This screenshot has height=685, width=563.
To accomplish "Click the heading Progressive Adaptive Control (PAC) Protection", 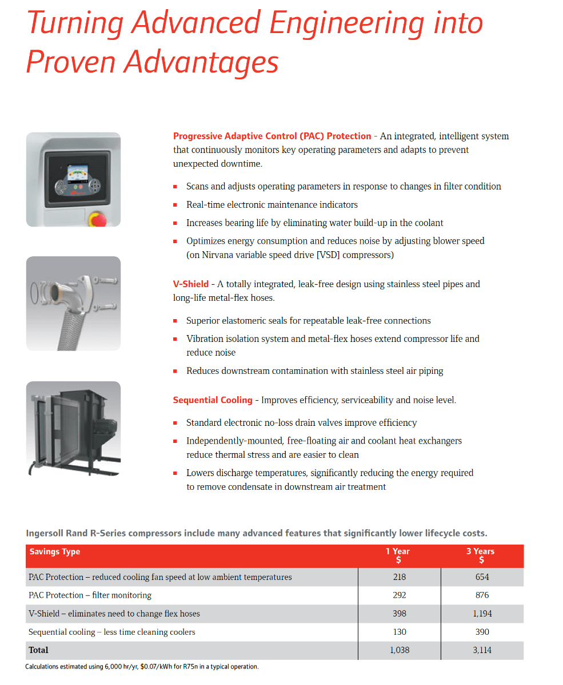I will coord(272,136).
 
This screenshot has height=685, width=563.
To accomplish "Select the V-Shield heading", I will coord(191,284).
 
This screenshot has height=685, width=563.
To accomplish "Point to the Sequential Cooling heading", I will coord(213,400).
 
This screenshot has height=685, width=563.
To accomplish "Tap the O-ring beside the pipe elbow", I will coord(35,292).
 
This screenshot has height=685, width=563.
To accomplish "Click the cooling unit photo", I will coord(73,428).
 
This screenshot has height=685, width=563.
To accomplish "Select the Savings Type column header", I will coord(55,551).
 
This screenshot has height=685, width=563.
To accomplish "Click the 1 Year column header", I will coord(400,555).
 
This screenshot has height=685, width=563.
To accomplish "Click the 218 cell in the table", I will coord(400,577).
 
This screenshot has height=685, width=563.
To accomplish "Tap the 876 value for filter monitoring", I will coord(482,595).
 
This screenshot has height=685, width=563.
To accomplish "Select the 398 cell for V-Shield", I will coord(400,614).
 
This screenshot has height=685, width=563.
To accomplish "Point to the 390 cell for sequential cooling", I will coord(482,632).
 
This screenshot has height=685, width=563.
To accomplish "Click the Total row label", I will coord(39,650).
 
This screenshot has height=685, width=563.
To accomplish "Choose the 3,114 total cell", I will coord(482,650).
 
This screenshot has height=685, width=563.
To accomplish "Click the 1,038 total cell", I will coord(400,650).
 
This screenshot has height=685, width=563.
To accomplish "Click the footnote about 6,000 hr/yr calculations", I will coord(142,667).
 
